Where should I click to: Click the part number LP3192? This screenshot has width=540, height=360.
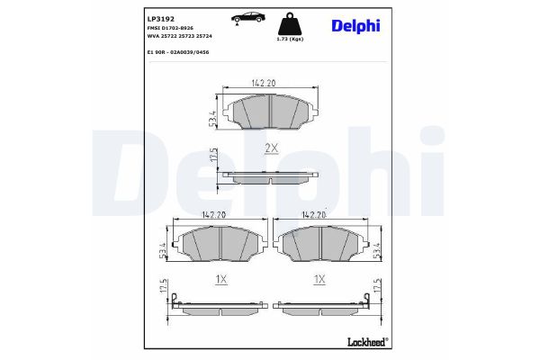tap(160, 19)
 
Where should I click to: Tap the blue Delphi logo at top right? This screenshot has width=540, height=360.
tap(355, 26)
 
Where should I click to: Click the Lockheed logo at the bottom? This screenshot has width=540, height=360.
tap(368, 342)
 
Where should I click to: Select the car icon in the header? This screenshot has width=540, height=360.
tap(247, 18)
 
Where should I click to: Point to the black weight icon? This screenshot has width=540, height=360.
tap(290, 23)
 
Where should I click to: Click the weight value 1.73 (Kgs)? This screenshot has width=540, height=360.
tap(290, 40)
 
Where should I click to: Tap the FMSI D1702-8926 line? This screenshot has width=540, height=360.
tap(170, 28)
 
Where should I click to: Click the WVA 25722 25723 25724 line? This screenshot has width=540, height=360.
tap(179, 36)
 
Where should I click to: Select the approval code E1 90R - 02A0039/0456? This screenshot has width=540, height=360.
tap(178, 52)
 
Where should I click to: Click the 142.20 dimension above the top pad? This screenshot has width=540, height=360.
tap(264, 83)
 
